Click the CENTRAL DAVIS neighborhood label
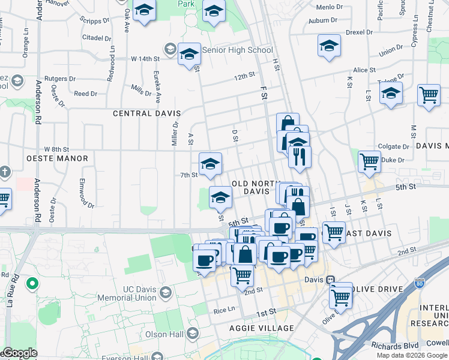(x=144, y=113)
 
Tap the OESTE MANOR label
(x=57, y=158)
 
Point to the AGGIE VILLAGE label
(x=262, y=328)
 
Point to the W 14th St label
(x=145, y=59)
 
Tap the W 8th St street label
(x=57, y=149)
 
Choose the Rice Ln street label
(x=224, y=311)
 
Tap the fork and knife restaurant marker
(x=299, y=157)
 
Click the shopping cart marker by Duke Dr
(x=369, y=161)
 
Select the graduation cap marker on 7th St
(x=210, y=164)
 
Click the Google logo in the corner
(x=20, y=353)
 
